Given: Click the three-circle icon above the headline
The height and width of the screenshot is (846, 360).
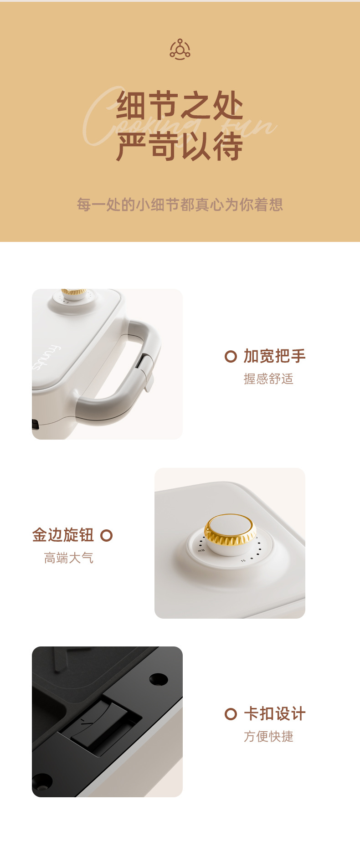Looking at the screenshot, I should [180, 50].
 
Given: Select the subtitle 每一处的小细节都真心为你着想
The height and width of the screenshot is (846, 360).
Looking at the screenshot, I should [180, 205].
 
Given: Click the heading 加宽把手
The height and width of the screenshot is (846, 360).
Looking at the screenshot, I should [274, 356].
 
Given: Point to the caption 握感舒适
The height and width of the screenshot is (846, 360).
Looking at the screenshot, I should [268, 379].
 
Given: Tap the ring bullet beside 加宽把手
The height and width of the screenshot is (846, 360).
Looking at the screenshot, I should [231, 356].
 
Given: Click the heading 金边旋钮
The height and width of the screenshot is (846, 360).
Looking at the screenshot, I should [63, 535].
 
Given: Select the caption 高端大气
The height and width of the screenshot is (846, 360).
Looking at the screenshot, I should [69, 558].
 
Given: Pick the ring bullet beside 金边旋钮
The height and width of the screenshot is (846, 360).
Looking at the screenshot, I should [106, 535].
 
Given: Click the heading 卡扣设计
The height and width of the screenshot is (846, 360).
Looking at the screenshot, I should [274, 713].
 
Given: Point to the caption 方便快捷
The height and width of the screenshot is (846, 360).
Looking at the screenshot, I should [268, 736].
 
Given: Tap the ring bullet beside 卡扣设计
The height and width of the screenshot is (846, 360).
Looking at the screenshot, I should [231, 714].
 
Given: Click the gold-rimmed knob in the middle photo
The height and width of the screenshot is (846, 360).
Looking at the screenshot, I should [230, 533].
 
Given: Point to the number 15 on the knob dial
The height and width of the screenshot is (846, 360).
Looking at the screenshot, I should [243, 561].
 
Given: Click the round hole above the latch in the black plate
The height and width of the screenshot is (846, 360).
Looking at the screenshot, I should [159, 679].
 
